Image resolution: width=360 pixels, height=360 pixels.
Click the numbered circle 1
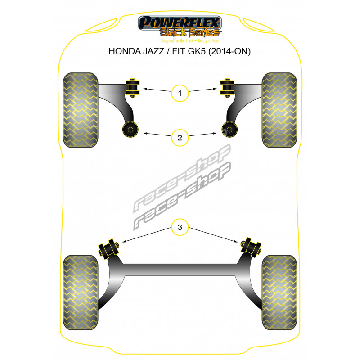pyautogui.click(x=180, y=93)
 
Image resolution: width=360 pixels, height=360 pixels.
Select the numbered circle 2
pyautogui.click(x=180, y=138)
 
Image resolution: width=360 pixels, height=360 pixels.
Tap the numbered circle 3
pyautogui.click(x=180, y=227)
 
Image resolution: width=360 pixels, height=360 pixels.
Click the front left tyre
pyautogui.click(x=81, y=110)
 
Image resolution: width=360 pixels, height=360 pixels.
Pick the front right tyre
pyautogui.click(x=279, y=110)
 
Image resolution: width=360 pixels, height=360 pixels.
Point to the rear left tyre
pyautogui.click(x=81, y=292)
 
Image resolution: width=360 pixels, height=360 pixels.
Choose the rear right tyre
pyautogui.click(x=279, y=292)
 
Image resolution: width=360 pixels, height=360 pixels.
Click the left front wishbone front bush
pyautogui.click(x=132, y=88)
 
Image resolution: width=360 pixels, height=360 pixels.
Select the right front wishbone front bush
pyautogui.click(x=227, y=88)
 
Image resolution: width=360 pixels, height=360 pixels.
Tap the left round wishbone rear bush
pyautogui.click(x=130, y=130)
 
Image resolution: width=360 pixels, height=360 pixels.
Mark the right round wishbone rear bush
pyautogui.click(x=229, y=130)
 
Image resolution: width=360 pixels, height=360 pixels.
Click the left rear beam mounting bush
pyautogui.click(x=109, y=249)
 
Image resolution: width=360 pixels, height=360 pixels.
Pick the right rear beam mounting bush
pyautogui.click(x=251, y=247)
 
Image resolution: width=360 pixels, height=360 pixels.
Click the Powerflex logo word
pyautogui.click(x=180, y=22)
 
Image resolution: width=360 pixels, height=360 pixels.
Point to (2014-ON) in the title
pyautogui.click(x=229, y=51)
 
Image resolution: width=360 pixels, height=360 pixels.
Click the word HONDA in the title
pyautogui.click(x=125, y=51)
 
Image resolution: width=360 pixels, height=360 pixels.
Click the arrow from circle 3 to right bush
pyautogui.click(x=213, y=234)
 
